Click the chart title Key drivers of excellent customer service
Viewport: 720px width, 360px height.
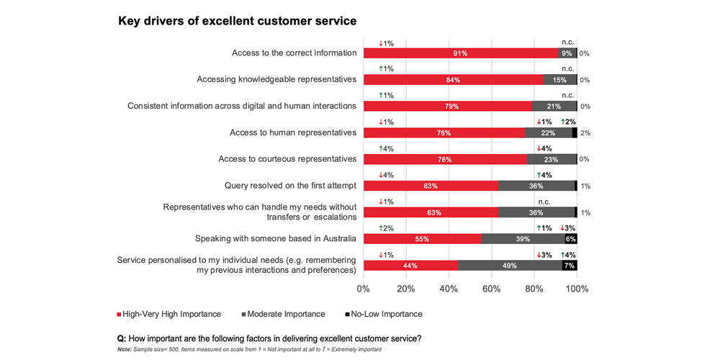pyautogui.click(x=237, y=22)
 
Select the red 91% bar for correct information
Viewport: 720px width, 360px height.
pyautogui.click(x=461, y=53)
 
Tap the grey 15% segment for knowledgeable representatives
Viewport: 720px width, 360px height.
pyautogui.click(x=560, y=80)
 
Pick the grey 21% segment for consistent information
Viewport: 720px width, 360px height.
pyautogui.click(x=554, y=107)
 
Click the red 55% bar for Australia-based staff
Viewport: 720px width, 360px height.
pyautogui.click(x=422, y=239)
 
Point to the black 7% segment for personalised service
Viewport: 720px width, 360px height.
pyautogui.click(x=570, y=266)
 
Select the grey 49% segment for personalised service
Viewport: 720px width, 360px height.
pyautogui.click(x=510, y=266)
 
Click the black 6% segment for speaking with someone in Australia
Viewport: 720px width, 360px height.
pyautogui.click(x=570, y=239)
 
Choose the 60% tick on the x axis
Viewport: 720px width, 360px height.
pyautogui.click(x=492, y=289)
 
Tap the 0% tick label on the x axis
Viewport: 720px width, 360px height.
pyautogui.click(x=364, y=289)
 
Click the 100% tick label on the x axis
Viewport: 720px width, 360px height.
pyautogui.click(x=577, y=289)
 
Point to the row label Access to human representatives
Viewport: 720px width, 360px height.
pyautogui.click(x=293, y=132)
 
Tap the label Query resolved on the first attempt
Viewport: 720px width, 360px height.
pyautogui.click(x=290, y=186)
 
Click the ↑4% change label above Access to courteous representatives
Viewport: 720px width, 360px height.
pyautogui.click(x=386, y=148)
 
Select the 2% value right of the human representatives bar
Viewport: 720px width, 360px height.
pyautogui.click(x=585, y=133)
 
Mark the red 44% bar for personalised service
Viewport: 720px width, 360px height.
pyautogui.click(x=410, y=266)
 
